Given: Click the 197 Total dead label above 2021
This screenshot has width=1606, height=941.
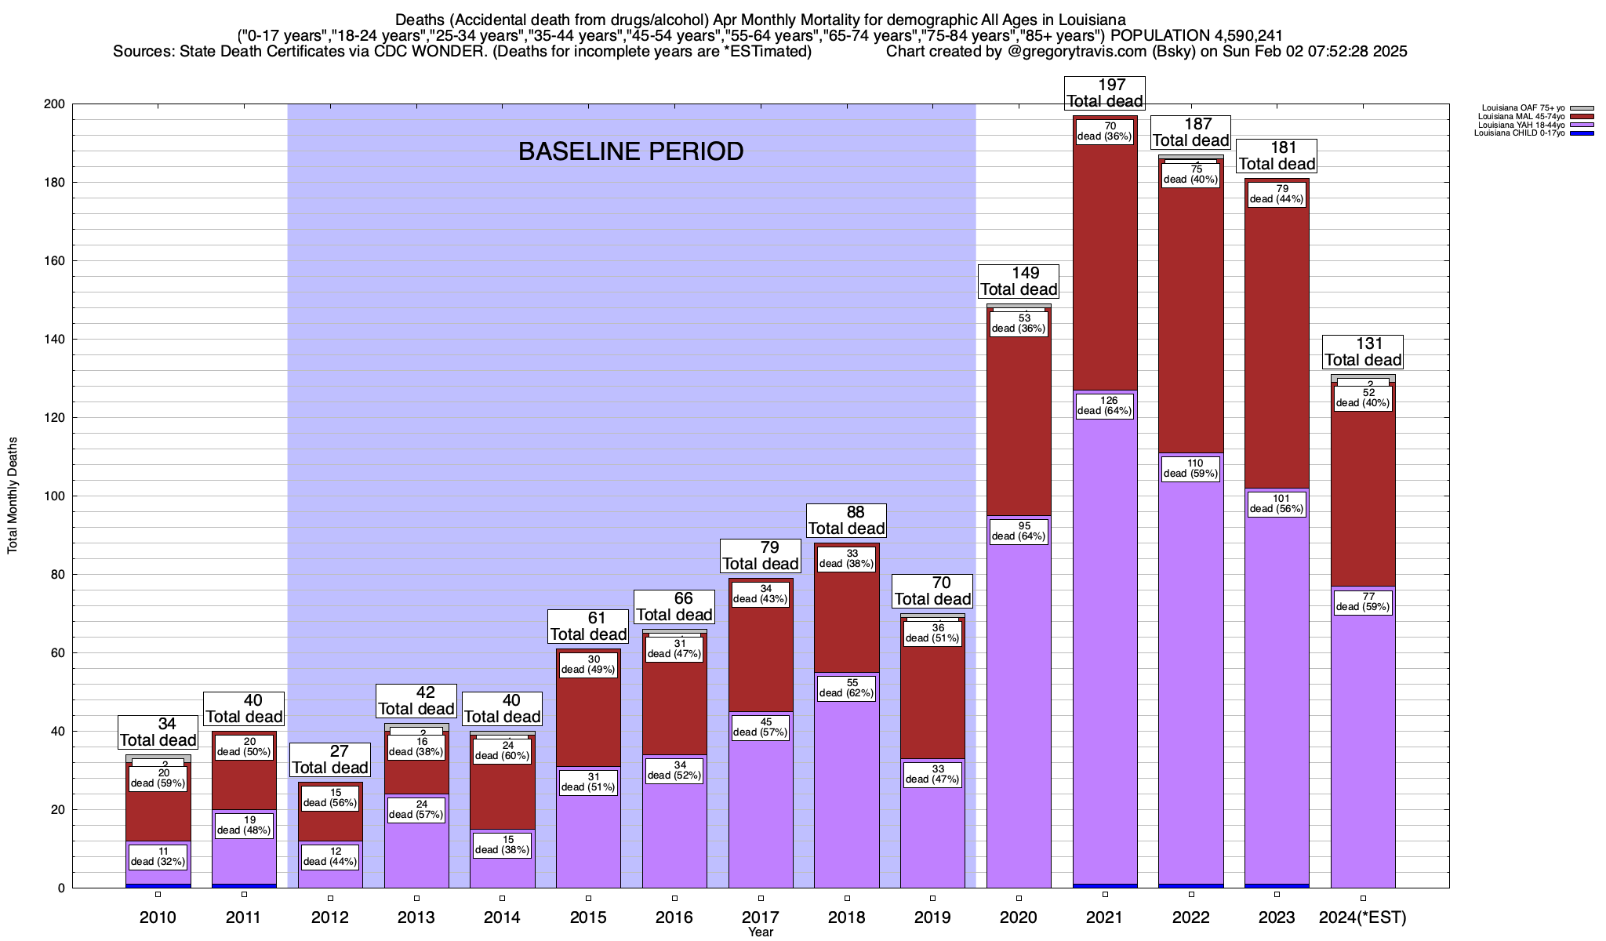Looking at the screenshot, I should (1105, 93).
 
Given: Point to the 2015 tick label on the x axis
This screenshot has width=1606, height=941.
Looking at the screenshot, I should (588, 917).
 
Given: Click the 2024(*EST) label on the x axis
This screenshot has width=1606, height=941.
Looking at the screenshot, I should (1363, 917).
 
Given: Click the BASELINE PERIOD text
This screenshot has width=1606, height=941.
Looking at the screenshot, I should (630, 151).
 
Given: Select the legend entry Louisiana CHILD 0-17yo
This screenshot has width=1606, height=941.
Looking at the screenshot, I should (1519, 133).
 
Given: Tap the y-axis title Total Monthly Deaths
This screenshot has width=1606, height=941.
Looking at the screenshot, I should (13, 496).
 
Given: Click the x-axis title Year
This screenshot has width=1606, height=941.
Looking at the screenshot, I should (760, 932).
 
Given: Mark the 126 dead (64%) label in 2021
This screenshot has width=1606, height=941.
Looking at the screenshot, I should (1105, 405).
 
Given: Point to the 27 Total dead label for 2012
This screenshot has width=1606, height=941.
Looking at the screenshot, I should (330, 760).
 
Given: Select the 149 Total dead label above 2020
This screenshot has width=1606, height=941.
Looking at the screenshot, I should (1019, 282).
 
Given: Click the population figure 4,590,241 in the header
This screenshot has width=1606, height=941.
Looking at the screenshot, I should (1236, 35).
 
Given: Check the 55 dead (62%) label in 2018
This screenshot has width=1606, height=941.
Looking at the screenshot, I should (847, 688).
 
